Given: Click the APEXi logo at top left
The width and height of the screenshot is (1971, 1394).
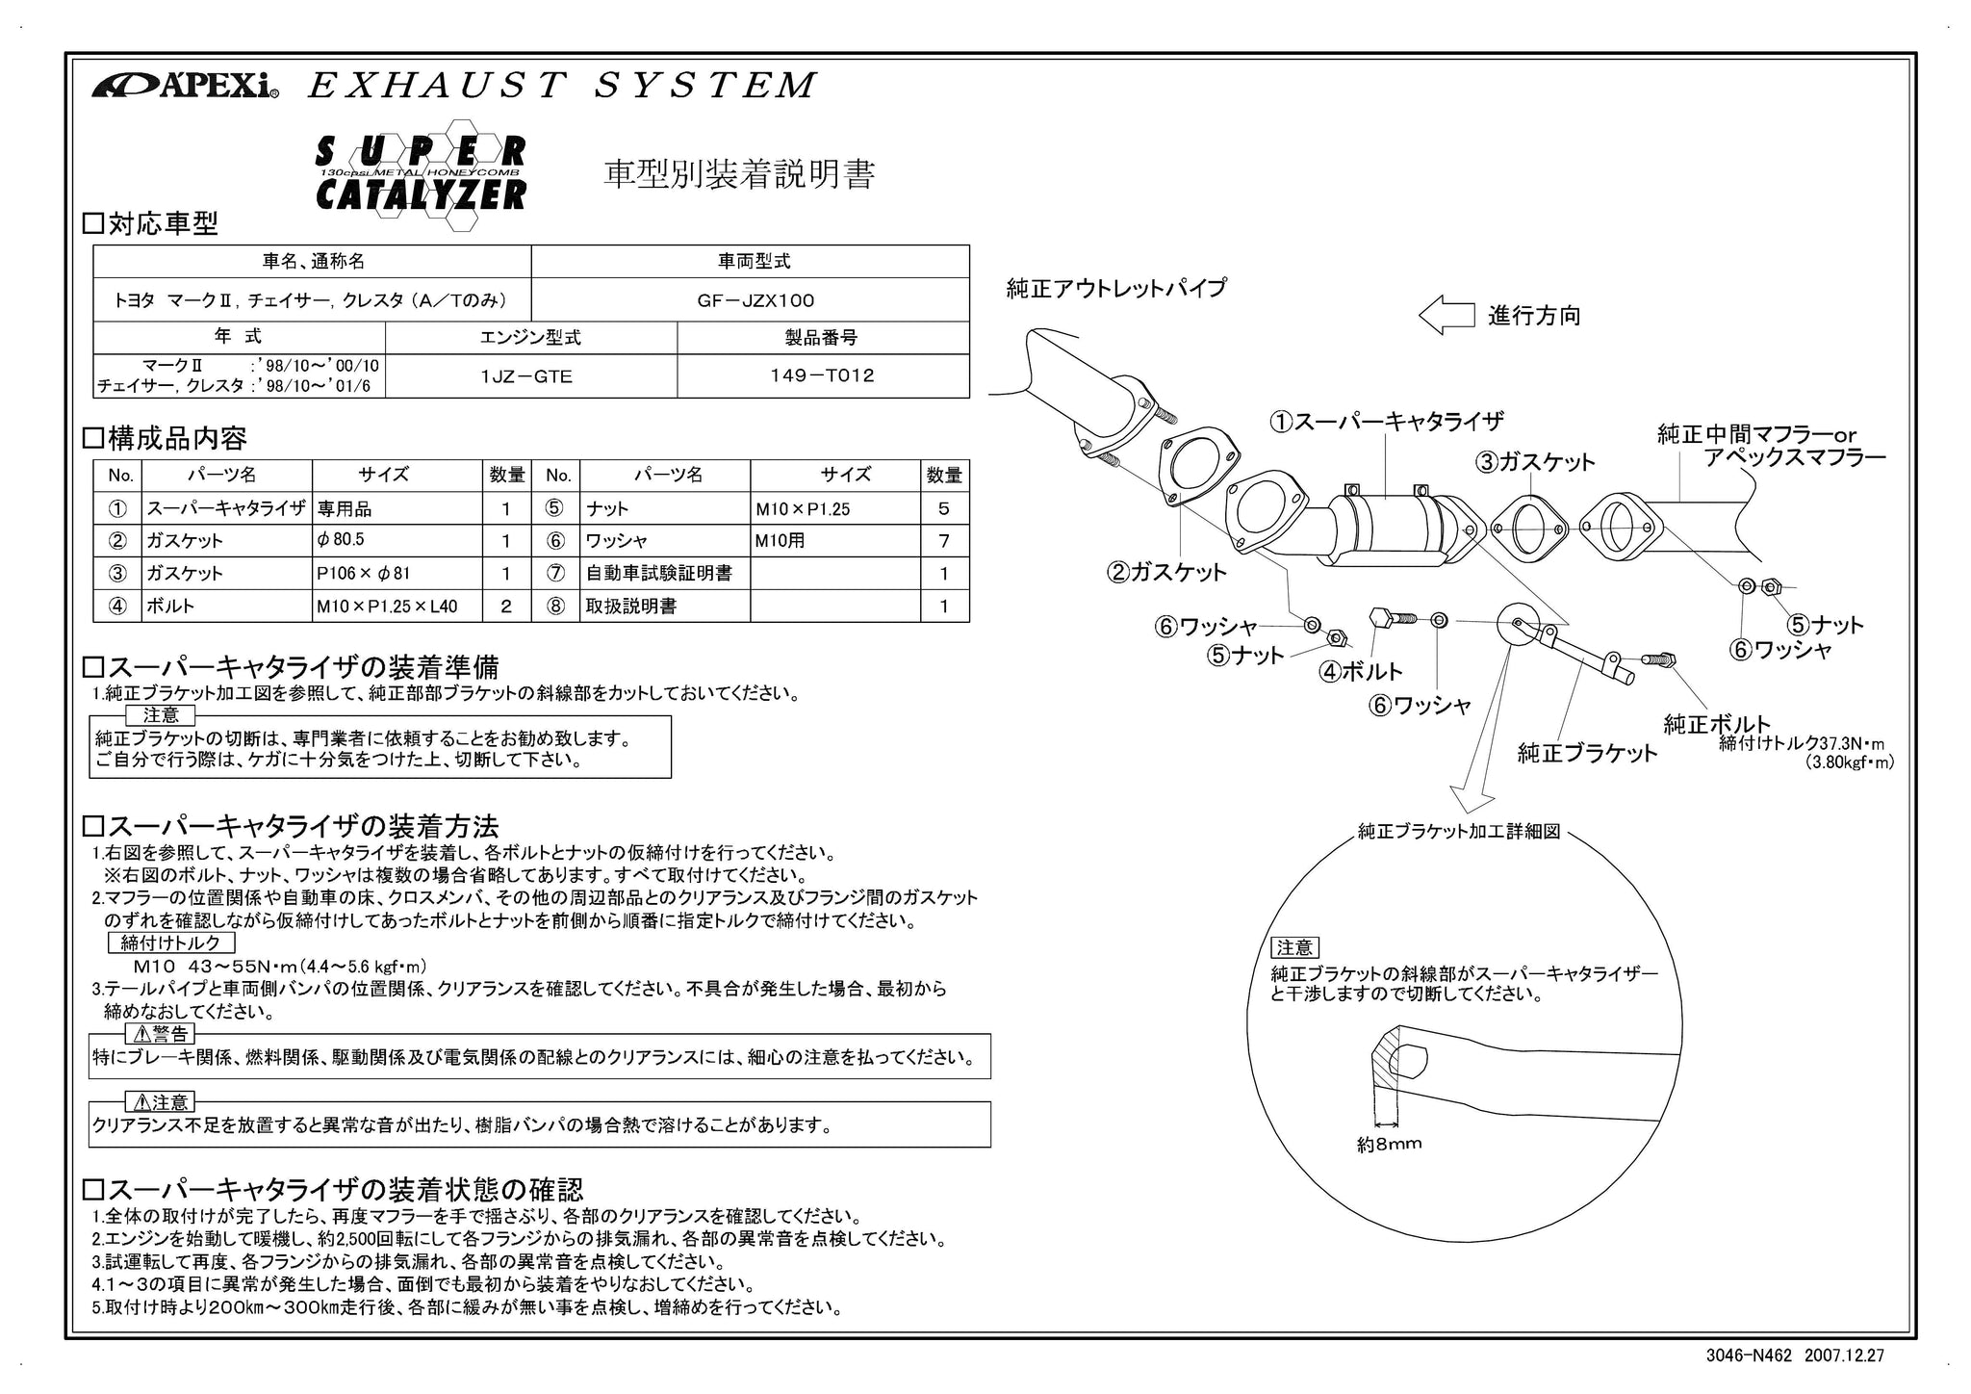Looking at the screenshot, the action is pyautogui.click(x=185, y=86).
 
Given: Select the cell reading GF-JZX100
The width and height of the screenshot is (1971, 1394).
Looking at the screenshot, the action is pyautogui.click(x=751, y=300).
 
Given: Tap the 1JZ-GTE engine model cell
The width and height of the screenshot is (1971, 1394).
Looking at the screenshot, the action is pyautogui.click(x=531, y=376).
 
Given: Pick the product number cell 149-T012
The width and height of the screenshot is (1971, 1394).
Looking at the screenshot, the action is pyautogui.click(x=823, y=376).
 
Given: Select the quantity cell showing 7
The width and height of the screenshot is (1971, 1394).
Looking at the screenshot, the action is pyautogui.click(x=944, y=541).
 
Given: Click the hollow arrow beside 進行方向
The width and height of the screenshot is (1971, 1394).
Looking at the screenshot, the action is pyautogui.click(x=1446, y=316).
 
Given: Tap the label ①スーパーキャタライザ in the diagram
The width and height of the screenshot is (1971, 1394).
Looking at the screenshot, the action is pyautogui.click(x=1387, y=422).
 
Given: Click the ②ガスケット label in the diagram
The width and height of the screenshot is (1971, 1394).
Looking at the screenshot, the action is pyautogui.click(x=1167, y=573).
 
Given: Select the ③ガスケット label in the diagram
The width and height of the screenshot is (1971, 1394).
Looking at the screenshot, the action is pyautogui.click(x=1536, y=462).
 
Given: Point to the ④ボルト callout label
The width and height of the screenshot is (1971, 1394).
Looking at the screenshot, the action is pyautogui.click(x=1360, y=672).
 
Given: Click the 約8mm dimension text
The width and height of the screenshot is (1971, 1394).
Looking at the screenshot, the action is pyautogui.click(x=1389, y=1145).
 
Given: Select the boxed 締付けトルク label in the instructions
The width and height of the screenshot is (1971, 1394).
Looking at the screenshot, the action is pyautogui.click(x=170, y=943).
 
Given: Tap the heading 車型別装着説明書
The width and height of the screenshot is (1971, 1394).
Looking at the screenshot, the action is pyautogui.click(x=739, y=175).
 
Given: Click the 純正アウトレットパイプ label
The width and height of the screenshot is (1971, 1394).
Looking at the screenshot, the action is pyautogui.click(x=1116, y=288).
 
